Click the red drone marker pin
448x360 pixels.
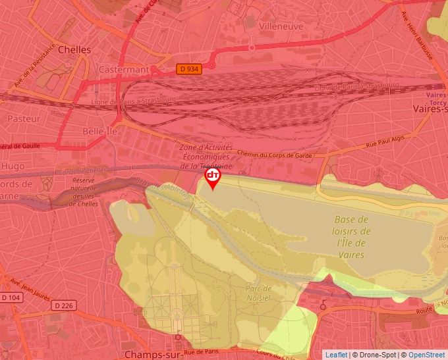[x=213, y=178]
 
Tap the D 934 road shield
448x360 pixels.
[x=189, y=68]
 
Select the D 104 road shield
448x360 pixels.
[x=11, y=298]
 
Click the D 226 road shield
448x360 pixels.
[x=64, y=305]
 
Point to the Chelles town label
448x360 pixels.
[x=74, y=49]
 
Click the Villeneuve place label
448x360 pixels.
[x=281, y=26]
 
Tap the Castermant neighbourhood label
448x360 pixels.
[x=124, y=69]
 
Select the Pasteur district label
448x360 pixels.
[x=24, y=118]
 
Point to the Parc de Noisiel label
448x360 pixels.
[x=258, y=293]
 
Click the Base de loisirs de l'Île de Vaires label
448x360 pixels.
[x=351, y=237]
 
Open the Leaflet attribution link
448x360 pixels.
[x=335, y=355]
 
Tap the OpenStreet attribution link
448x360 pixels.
[x=426, y=355]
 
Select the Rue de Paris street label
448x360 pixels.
[x=221, y=352]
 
